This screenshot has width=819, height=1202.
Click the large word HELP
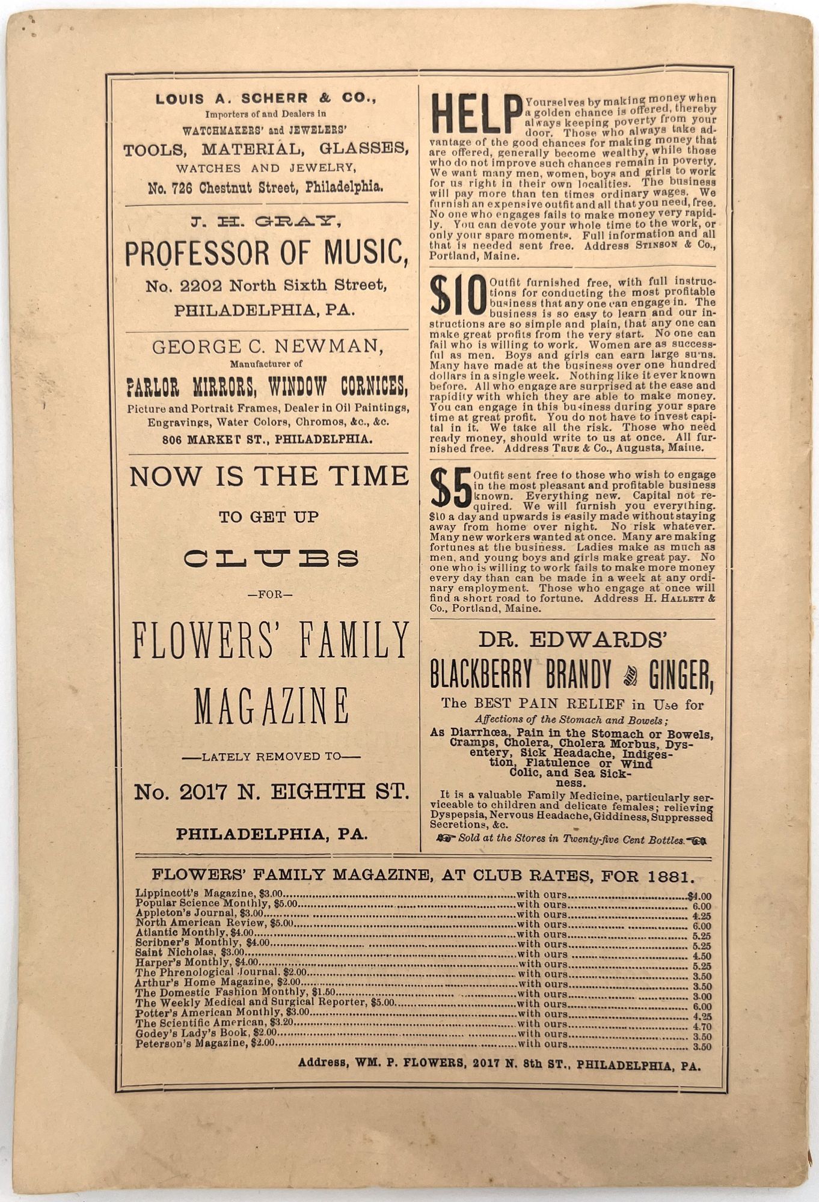[475, 114]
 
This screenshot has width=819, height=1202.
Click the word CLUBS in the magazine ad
[271, 559]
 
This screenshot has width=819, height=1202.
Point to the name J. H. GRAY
[266, 222]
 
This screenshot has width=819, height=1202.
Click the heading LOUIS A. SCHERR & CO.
[266, 99]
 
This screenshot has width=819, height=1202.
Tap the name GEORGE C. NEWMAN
[268, 347]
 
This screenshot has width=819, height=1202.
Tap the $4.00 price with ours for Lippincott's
[699, 896]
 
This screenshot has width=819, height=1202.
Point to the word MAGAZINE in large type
[271, 707]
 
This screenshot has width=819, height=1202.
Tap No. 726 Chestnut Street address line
[265, 188]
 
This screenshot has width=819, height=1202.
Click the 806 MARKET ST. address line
[267, 439]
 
